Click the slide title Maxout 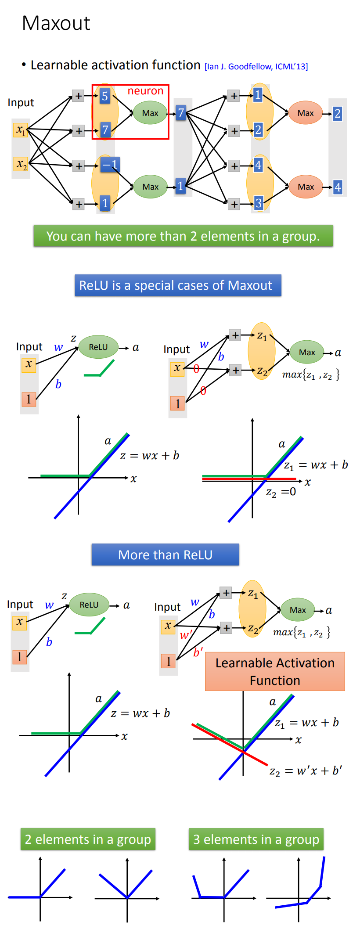pyautogui.click(x=56, y=23)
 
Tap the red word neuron pyautogui.click(x=145, y=91)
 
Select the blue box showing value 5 pyautogui.click(x=104, y=96)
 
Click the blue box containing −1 pyautogui.click(x=110, y=165)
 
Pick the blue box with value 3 pyautogui.click(x=258, y=203)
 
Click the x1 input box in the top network pyautogui.click(x=21, y=130)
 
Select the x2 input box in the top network pyautogui.click(x=21, y=164)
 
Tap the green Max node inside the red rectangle pyautogui.click(x=150, y=113)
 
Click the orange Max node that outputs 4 pyautogui.click(x=306, y=187)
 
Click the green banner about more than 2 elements pyautogui.click(x=183, y=236)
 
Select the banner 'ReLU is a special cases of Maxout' pyautogui.click(x=177, y=285)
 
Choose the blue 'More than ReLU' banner pyautogui.click(x=165, y=555)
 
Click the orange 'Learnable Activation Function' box pyautogui.click(x=275, y=671)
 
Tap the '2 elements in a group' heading pyautogui.click(x=88, y=839)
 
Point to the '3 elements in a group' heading pyautogui.click(x=256, y=839)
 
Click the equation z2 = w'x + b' pyautogui.click(x=306, y=771)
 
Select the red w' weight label pyautogui.click(x=186, y=635)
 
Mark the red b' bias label pyautogui.click(x=198, y=652)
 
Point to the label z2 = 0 pyautogui.click(x=281, y=492)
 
